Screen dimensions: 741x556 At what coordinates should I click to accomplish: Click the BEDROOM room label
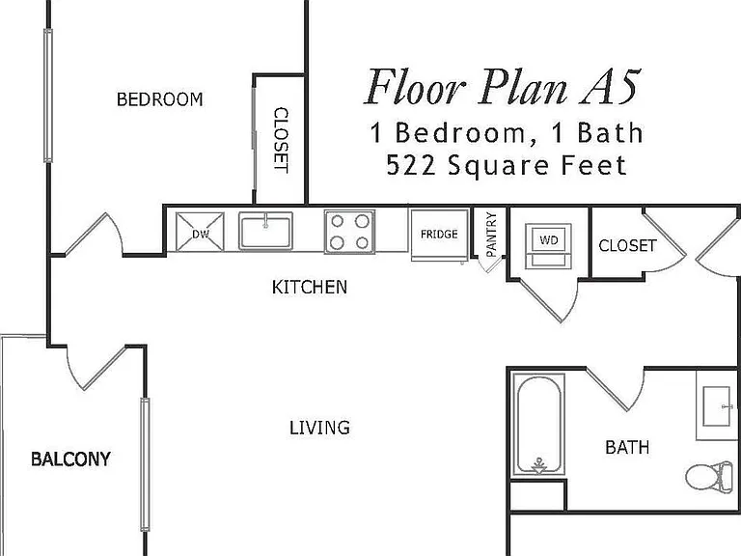coord(160,99)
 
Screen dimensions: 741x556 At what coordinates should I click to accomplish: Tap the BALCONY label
coord(70,459)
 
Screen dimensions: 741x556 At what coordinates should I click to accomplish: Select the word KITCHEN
coord(310,287)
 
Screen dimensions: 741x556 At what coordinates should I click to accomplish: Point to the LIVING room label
coord(320,428)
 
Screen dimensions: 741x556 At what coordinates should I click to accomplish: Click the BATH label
coord(627,447)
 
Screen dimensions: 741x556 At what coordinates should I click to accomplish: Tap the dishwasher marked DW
coord(200,232)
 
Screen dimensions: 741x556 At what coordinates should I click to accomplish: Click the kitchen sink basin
coord(265,231)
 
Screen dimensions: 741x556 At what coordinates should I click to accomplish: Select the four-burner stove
coord(349,232)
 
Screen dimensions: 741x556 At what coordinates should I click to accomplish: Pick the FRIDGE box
coord(440,235)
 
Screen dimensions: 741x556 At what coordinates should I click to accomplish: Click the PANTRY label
coord(491,235)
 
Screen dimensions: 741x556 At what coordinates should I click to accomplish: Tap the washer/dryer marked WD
coord(549,246)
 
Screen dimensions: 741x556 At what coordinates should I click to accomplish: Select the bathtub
coord(539,425)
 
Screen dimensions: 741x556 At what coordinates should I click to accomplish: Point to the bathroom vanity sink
coord(717,405)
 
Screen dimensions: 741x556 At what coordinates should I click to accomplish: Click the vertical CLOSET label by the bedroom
coord(281,140)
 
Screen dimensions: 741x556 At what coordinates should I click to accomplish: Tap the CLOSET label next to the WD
coord(627,245)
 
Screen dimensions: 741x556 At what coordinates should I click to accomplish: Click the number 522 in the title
coord(411,165)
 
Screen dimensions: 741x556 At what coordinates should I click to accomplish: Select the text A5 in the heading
coord(610,87)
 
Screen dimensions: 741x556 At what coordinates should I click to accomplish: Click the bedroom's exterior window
coord(47,96)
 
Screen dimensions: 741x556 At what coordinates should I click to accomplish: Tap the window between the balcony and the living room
coord(145,464)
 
